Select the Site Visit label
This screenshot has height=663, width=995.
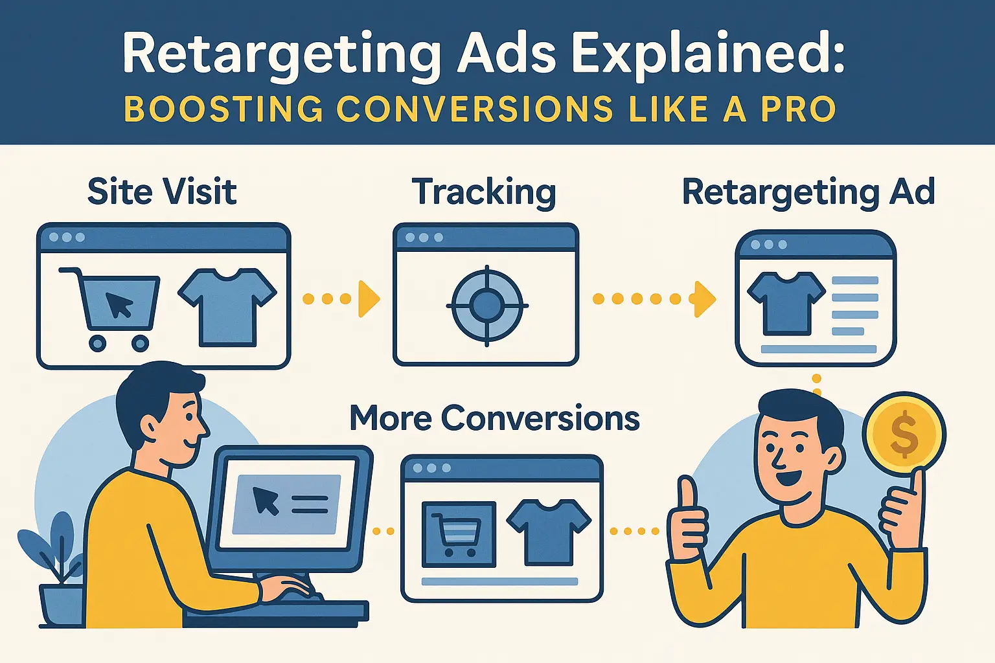pyautogui.click(x=162, y=192)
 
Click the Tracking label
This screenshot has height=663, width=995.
pyautogui.click(x=484, y=192)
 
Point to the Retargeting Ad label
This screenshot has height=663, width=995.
pyautogui.click(x=808, y=192)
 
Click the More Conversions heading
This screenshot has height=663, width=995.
pyautogui.click(x=494, y=418)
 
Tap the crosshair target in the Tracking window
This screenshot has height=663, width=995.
pyautogui.click(x=486, y=305)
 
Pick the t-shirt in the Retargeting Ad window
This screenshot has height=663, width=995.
pyautogui.click(x=786, y=302)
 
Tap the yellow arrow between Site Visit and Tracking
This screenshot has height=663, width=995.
pyautogui.click(x=367, y=298)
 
